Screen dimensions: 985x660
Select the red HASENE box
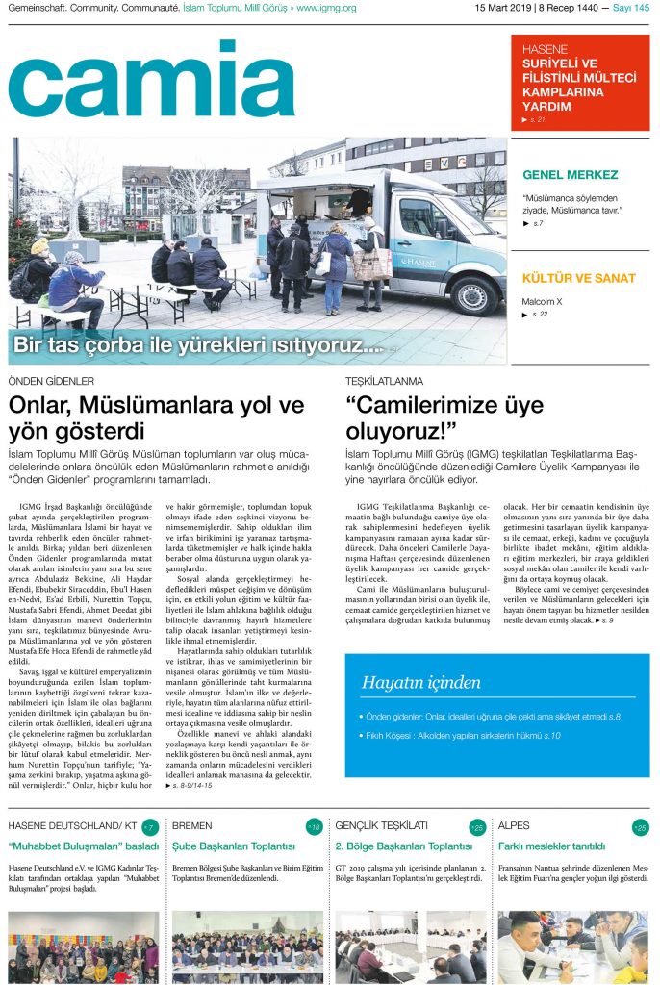[579, 83]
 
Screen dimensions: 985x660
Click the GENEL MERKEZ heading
[570, 175]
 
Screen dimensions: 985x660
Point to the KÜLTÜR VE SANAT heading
[578, 279]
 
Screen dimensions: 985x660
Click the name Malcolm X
[542, 301]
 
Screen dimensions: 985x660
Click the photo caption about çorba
[198, 344]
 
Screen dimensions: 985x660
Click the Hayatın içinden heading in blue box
[420, 683]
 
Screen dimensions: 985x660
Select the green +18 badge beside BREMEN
[314, 827]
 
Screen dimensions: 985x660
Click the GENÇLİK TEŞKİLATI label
[381, 826]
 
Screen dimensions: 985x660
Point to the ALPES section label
[516, 826]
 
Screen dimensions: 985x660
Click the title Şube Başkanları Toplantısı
[233, 846]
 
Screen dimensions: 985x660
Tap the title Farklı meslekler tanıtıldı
[551, 846]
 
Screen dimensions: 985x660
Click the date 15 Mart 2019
[507, 9]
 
